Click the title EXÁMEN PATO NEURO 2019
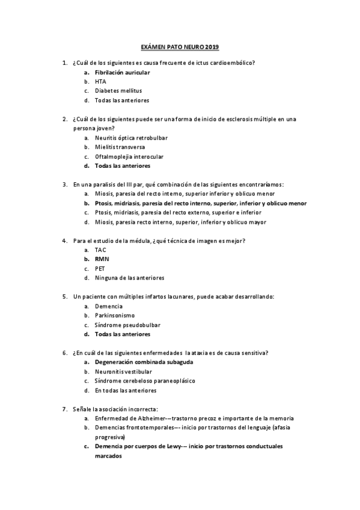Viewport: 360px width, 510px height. [180, 47]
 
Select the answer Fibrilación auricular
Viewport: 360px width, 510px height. [122, 72]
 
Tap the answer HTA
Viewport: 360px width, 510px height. [100, 81]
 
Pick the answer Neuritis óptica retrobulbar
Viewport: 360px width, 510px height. [131, 138]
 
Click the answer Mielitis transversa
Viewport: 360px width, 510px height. [120, 147]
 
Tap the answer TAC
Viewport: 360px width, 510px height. [100, 250]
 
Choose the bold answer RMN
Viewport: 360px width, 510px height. [102, 259]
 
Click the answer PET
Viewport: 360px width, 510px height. [100, 268]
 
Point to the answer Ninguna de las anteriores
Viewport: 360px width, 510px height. [129, 278]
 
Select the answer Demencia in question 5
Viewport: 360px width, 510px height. [109, 306]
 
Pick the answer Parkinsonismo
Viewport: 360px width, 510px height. [114, 315]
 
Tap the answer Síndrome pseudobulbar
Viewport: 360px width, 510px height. [126, 325]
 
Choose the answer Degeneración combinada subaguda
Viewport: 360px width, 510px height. [144, 362]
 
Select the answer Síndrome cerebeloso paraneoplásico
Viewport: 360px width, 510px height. [145, 381]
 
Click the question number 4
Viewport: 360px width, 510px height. [64, 241]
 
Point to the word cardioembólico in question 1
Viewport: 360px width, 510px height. [231, 63]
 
